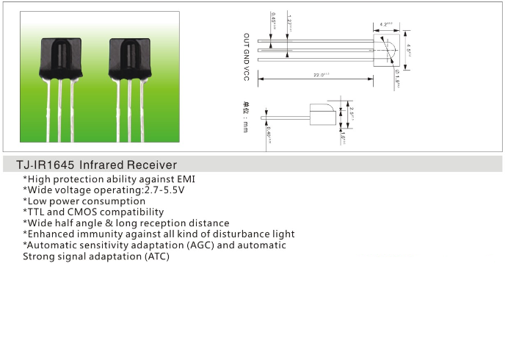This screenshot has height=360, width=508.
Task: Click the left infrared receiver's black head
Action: [x=71, y=59]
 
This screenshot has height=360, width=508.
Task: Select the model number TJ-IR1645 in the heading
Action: [x=46, y=165]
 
